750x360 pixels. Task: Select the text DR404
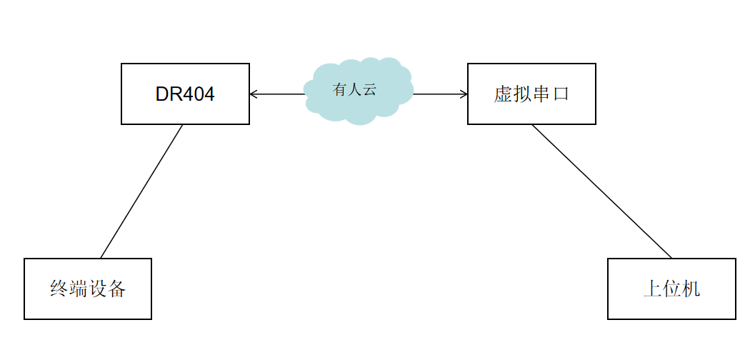coord(185,94)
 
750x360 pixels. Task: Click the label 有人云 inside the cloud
coord(354,90)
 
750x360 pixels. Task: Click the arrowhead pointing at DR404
coord(253,94)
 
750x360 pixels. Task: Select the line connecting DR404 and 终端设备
coord(141,191)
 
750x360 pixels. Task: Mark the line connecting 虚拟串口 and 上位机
coord(602,191)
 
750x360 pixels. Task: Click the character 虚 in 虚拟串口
coord(503,94)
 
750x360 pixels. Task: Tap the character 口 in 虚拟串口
coord(561,94)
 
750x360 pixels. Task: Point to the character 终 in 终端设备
coord(59,289)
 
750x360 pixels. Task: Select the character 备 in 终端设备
coord(117,289)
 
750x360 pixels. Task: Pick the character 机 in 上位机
coord(691,289)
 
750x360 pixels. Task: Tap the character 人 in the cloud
coord(354,90)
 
